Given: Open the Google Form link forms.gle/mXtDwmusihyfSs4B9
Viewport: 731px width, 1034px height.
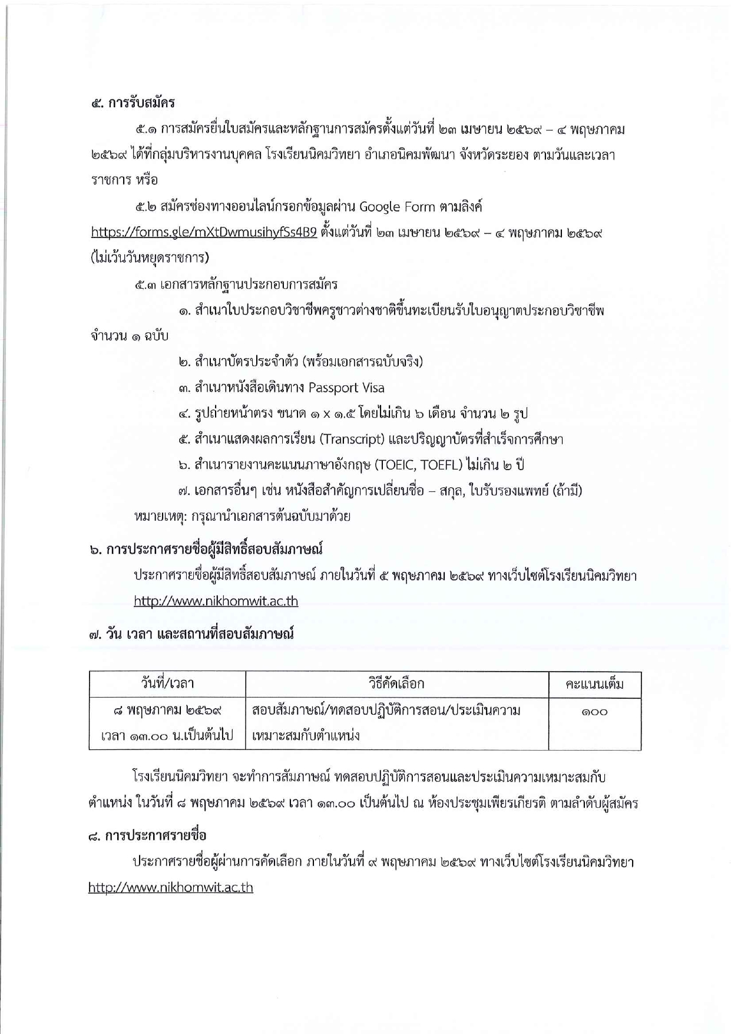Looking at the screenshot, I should pos(204,232).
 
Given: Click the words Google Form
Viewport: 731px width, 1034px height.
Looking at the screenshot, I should pos(397,207).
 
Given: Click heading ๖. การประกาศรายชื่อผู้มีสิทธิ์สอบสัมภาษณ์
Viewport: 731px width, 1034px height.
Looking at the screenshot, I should pos(206,550).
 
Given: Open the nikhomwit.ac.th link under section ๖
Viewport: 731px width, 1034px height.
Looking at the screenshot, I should pos(216,602).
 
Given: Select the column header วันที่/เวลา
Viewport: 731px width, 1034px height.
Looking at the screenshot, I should pos(167,684).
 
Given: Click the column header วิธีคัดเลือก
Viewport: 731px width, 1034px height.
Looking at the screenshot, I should pos(396,684).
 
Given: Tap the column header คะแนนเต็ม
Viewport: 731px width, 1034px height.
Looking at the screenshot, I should pos(594,685).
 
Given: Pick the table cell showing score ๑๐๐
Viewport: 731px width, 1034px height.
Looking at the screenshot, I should pos(594,712).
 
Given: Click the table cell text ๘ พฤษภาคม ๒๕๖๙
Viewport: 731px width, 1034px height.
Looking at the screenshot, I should pos(167,711).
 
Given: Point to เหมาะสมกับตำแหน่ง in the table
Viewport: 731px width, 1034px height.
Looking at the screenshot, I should pos(306,736).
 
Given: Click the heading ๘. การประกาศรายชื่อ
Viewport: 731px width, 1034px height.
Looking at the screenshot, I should pos(147,836).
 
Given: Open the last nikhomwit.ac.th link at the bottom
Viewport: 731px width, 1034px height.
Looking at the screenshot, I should pos(170,888).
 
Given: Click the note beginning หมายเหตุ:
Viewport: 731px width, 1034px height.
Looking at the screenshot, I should pos(242,517).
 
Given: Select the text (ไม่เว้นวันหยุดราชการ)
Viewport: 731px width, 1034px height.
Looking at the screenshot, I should pos(150,258).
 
